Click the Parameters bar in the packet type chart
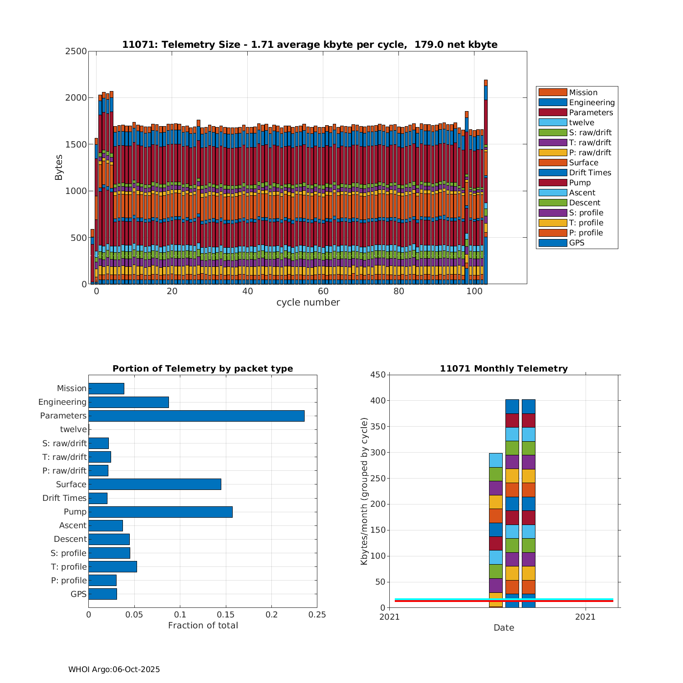(196, 416)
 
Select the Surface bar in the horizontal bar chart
(155, 484)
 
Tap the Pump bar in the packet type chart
(160, 512)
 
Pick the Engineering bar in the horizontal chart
(128, 402)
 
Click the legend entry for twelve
(581, 122)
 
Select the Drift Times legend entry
(590, 173)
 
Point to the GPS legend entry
(576, 243)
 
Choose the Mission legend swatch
(553, 92)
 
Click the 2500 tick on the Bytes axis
(76, 51)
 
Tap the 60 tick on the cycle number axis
(323, 291)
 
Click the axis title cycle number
(308, 302)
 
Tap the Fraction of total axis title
(203, 626)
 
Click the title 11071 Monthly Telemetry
(504, 369)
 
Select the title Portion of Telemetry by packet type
(203, 369)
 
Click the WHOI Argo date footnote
(114, 669)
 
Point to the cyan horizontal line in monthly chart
(437, 599)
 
